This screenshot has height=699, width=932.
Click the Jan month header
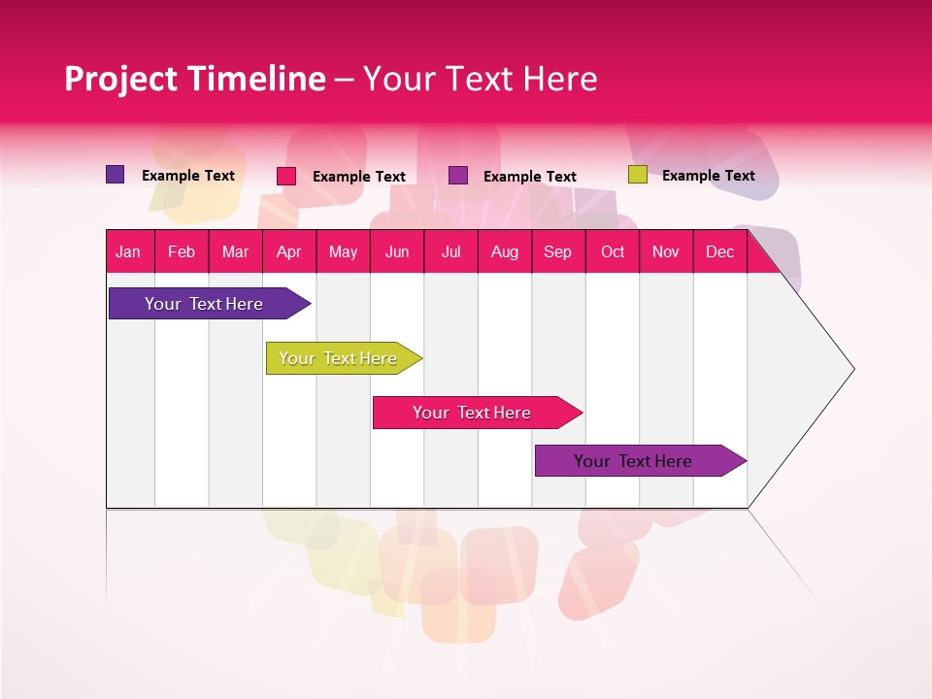tap(128, 251)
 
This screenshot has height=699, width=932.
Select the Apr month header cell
tap(288, 251)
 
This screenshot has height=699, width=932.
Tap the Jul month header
tap(450, 251)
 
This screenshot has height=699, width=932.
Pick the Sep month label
tap(557, 251)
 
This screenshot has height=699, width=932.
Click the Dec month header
tap(719, 251)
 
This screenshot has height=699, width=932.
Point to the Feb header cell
tap(182, 251)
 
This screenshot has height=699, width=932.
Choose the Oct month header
tap(613, 251)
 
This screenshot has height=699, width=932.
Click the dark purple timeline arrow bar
tap(204, 304)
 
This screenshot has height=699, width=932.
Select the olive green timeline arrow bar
tap(338, 358)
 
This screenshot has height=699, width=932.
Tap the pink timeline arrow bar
tap(472, 413)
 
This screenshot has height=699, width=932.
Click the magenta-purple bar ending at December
tap(633, 461)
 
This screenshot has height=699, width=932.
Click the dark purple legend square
tap(116, 175)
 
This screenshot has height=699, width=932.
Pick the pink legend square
tap(286, 176)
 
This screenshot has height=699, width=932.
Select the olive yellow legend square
tap(637, 175)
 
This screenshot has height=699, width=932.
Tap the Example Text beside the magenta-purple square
tap(529, 176)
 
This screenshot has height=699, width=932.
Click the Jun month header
tap(397, 251)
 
